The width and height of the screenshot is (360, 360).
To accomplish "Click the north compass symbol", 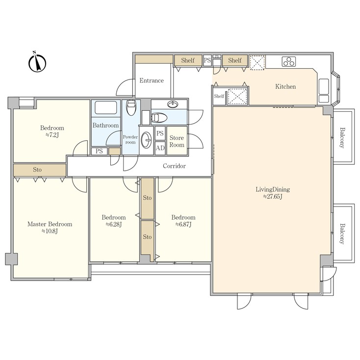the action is click(x=37, y=62).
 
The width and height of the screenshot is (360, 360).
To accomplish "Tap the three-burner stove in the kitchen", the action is click(x=288, y=61).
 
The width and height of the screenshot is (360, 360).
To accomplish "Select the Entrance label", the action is click(x=152, y=80).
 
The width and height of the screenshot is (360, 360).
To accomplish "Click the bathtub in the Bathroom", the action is click(x=106, y=107).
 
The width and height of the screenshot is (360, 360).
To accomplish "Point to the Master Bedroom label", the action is click(x=50, y=224).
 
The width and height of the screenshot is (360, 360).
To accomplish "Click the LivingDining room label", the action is click(x=273, y=190).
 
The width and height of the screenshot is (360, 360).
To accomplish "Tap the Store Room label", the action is click(x=177, y=141).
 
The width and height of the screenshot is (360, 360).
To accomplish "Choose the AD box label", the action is click(x=160, y=148).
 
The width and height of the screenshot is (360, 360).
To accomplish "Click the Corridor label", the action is click(x=174, y=166).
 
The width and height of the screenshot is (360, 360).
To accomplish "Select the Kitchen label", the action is click(x=285, y=86).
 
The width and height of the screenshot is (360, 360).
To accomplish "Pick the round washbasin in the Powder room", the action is click(x=146, y=140).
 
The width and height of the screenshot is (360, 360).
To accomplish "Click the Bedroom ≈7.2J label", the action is click(x=52, y=131).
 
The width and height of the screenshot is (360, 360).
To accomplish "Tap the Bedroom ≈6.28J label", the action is click(x=114, y=221).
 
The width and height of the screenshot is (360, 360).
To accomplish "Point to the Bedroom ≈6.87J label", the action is click(x=183, y=221).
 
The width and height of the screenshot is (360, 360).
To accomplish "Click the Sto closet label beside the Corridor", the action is click(x=37, y=170).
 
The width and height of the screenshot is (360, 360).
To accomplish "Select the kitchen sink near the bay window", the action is click(x=324, y=87).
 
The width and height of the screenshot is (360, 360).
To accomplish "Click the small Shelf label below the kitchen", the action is click(x=219, y=96).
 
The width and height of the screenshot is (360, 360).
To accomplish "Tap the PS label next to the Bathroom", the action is click(x=99, y=151).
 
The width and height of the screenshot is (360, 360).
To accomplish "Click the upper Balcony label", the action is click(x=342, y=137).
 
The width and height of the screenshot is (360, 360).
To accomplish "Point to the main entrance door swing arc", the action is click(x=122, y=84).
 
